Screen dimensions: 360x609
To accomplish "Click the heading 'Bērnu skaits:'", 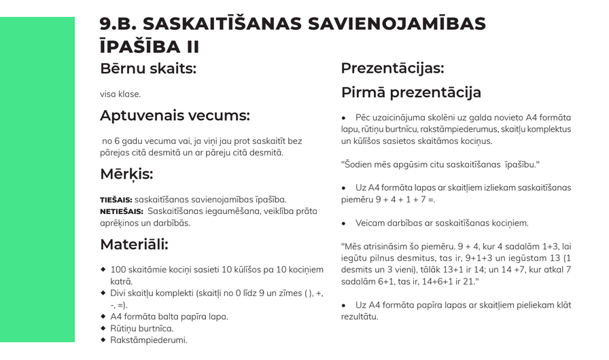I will point(147,69).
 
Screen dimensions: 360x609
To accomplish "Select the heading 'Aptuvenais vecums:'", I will point(175,115).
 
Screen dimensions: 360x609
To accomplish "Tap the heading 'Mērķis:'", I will point(126,174).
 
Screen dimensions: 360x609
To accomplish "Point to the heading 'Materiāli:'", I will point(134,244).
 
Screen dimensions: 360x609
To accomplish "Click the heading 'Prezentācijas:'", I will point(392,69).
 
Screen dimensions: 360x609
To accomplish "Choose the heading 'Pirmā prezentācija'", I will point(411,92).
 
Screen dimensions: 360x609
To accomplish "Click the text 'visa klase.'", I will point(120,94).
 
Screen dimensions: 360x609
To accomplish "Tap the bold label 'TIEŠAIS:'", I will point(116,200).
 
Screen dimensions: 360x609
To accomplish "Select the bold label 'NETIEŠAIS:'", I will point(121,211).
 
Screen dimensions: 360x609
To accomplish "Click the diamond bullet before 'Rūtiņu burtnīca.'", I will point(103,328).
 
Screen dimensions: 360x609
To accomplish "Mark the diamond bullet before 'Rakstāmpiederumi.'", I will point(103,340).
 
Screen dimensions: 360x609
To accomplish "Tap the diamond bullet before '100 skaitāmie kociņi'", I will point(103,270).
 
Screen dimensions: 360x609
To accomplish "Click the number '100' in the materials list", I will point(118,270).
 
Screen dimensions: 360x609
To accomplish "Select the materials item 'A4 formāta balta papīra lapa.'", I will point(169,317).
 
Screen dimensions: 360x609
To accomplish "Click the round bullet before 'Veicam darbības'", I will point(344,223).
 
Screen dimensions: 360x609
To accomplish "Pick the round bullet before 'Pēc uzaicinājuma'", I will point(344,118).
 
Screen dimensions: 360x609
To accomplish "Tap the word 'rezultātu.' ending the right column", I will point(360,317).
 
